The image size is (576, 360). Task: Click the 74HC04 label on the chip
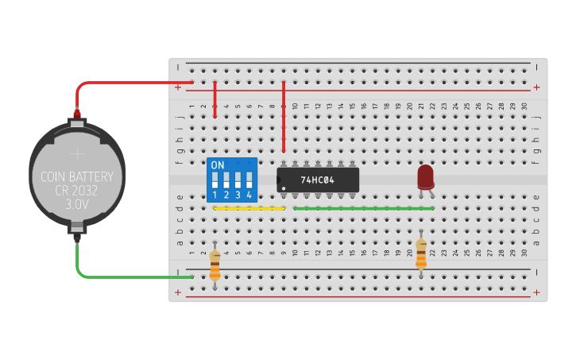click(318, 180)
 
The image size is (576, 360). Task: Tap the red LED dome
click(426, 175)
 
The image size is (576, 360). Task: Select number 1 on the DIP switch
click(215, 195)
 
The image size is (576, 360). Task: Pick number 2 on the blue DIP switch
click(226, 195)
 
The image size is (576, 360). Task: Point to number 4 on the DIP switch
click(249, 195)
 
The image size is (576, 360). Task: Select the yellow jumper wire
click(249, 209)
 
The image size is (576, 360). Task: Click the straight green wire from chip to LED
click(364, 209)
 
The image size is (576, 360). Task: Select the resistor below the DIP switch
click(215, 265)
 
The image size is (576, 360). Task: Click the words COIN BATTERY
click(77, 177)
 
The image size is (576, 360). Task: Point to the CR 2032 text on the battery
click(77, 191)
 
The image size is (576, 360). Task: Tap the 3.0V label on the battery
click(77, 204)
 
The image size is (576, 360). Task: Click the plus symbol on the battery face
click(77, 153)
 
